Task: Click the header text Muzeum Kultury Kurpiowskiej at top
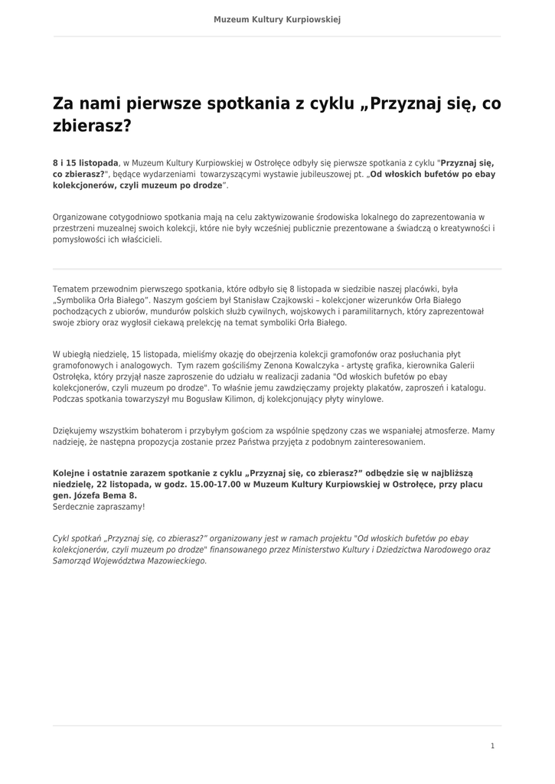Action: tap(277, 19)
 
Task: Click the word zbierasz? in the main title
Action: tap(92, 126)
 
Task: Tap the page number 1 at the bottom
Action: tap(492, 746)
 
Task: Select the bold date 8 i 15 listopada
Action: tap(86, 163)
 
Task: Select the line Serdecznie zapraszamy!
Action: tap(99, 507)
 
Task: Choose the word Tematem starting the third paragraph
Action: tap(72, 289)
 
